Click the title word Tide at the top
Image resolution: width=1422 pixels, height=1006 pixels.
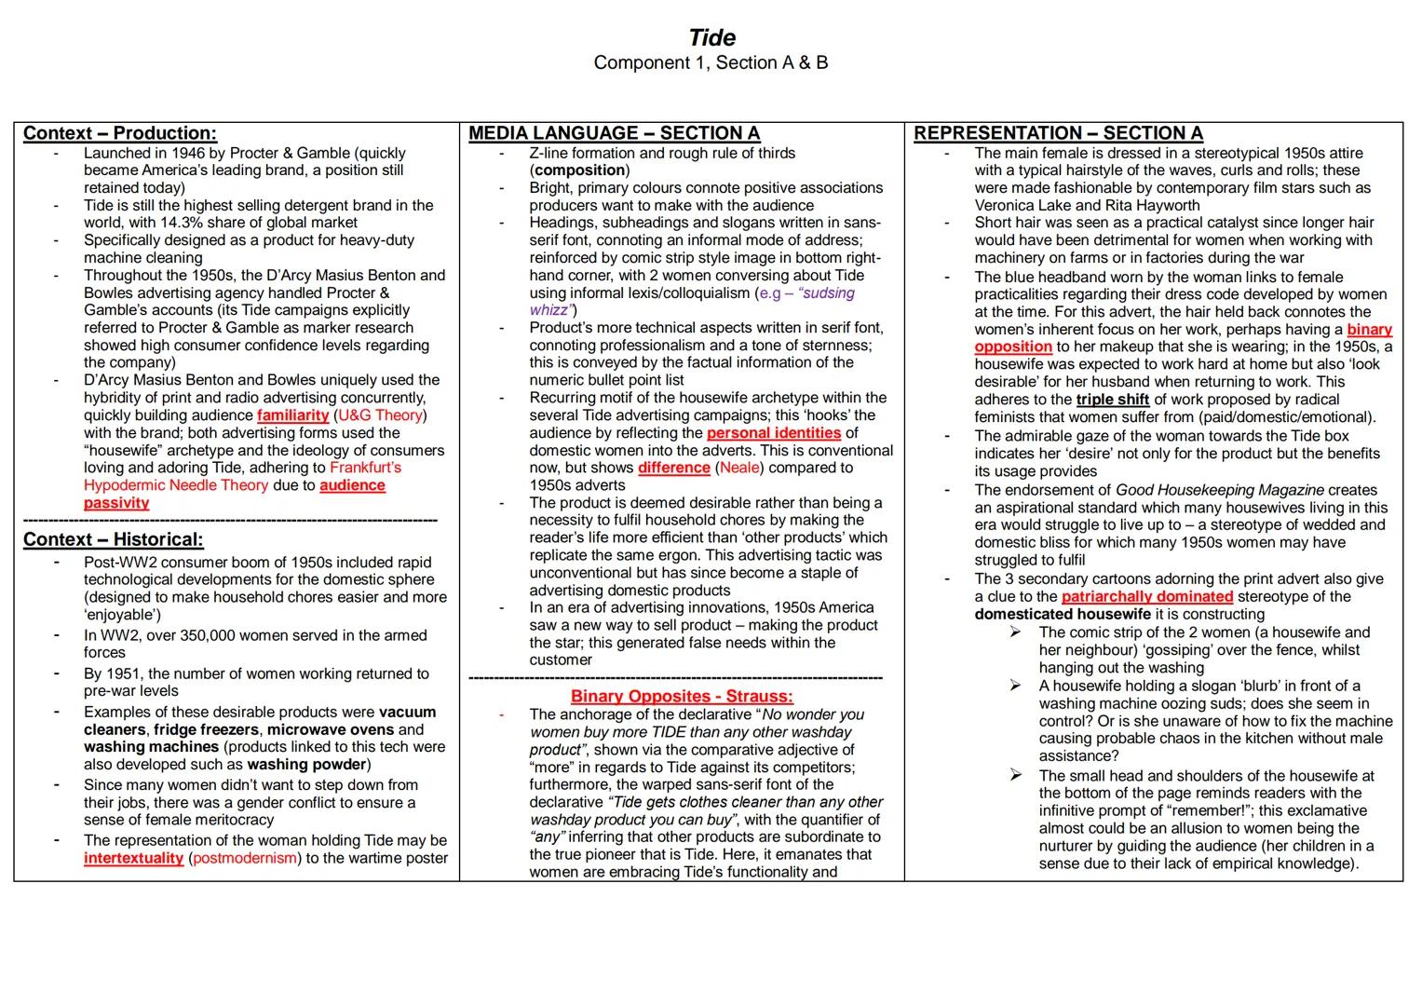(712, 37)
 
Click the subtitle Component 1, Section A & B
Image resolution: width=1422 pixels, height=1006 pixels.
(711, 63)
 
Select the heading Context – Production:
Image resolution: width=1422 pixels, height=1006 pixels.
(119, 133)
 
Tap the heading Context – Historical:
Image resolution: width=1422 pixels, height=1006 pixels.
(113, 539)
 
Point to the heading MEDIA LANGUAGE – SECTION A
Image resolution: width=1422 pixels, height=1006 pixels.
(614, 133)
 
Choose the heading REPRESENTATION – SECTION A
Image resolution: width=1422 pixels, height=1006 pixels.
(1058, 133)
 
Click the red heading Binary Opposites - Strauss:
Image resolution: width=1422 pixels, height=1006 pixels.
(682, 696)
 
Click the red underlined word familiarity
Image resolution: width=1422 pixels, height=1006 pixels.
(293, 415)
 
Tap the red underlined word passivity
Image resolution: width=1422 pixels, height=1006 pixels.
(116, 503)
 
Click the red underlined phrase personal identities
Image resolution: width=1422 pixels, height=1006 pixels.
(774, 433)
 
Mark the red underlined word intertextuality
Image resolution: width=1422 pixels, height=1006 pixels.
(133, 858)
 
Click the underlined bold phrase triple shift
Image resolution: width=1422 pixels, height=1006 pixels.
(1113, 400)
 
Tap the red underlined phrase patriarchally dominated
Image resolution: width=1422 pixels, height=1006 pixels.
(1147, 596)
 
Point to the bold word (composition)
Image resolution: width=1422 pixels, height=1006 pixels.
(579, 170)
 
